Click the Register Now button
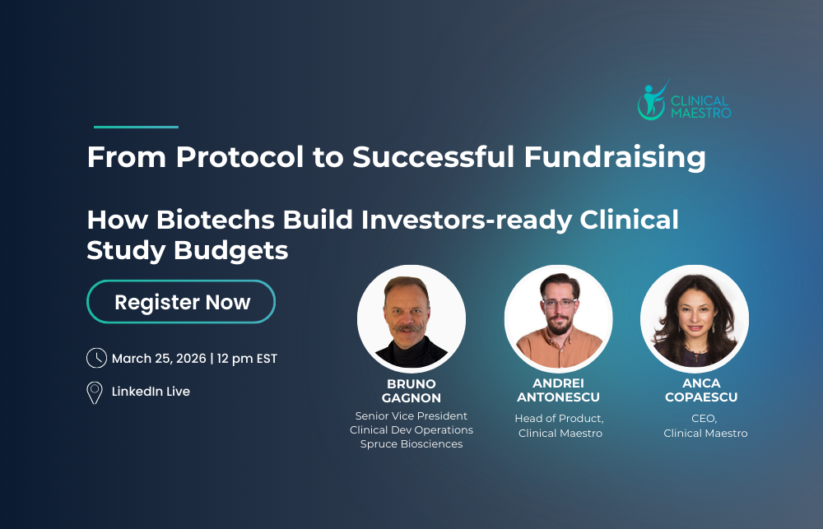181,302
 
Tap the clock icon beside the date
96,358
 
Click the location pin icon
95,392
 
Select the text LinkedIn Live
151,392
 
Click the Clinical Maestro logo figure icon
652,101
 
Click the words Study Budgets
188,251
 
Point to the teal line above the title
136,127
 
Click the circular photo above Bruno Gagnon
411,318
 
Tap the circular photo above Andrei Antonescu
558,318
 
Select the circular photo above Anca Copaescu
695,318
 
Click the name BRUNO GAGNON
411,391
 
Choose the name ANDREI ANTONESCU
559,391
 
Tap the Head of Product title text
559,419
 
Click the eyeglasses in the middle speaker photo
559,304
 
